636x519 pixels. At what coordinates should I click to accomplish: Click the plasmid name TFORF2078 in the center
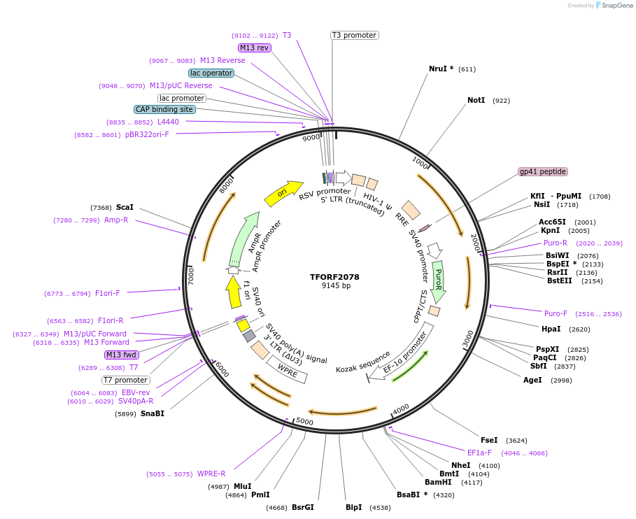coord(334,277)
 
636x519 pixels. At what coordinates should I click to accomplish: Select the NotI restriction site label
coord(476,100)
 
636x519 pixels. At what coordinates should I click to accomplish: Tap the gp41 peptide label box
coord(542,171)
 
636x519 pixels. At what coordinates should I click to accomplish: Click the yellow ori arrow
coord(283,192)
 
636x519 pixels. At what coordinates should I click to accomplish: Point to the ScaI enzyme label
coord(125,207)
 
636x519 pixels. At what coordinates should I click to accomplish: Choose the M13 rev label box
coord(254,48)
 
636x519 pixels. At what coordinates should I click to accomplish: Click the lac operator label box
coord(211,73)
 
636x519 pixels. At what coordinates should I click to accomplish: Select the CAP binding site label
coord(164,109)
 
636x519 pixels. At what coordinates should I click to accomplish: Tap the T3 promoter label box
coord(354,35)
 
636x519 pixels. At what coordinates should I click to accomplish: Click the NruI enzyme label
coord(441,69)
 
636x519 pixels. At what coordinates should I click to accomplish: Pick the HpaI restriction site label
coord(551,329)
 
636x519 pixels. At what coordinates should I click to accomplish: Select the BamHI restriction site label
coord(439,482)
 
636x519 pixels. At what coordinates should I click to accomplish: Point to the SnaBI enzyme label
coord(152,413)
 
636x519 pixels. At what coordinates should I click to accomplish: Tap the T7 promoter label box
coord(126,380)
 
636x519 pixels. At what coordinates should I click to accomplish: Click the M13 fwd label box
coord(121,355)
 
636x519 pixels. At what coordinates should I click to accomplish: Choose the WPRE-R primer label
coord(211,474)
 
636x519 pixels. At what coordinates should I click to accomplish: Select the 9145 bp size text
coord(334,286)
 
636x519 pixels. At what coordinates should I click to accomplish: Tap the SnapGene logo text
coord(615,5)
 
